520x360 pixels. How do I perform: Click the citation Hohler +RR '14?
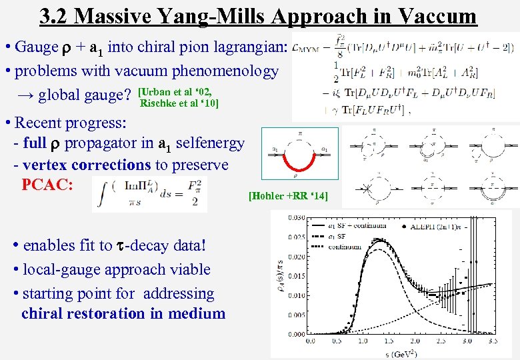pyautogui.click(x=288, y=196)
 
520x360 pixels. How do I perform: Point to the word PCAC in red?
pyautogui.click(x=47, y=185)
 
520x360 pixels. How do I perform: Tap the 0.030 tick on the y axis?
pyautogui.click(x=297, y=217)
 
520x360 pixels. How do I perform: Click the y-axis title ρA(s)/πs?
pyautogui.click(x=280, y=277)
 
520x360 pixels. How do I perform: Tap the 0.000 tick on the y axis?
pyautogui.click(x=297, y=333)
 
